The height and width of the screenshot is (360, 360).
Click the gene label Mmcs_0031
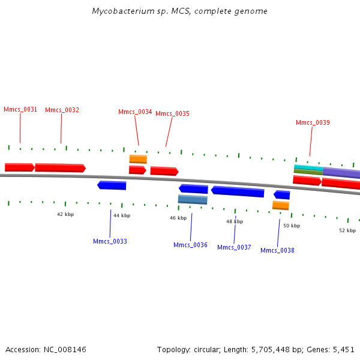20,110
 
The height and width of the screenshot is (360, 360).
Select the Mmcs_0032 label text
62,110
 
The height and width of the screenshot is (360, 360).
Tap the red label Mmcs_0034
135,112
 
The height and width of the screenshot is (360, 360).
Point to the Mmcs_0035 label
172,114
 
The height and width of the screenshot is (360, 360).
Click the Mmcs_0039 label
313,123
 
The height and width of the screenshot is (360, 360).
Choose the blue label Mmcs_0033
110,242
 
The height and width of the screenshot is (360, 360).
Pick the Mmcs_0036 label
190,245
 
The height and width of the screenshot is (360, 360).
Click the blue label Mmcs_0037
234,248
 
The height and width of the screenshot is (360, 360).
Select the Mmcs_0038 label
277,251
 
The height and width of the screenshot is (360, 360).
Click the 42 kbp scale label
65,215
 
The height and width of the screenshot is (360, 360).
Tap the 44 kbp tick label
122,215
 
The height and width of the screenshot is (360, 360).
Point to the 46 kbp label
178,218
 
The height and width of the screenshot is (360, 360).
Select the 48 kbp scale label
235,222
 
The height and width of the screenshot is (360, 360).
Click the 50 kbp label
291,226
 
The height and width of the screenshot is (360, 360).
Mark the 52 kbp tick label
347,230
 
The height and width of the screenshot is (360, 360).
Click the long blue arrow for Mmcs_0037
238,191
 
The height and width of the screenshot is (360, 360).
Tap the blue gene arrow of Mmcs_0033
112,185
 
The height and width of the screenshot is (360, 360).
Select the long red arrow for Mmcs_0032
60,168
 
